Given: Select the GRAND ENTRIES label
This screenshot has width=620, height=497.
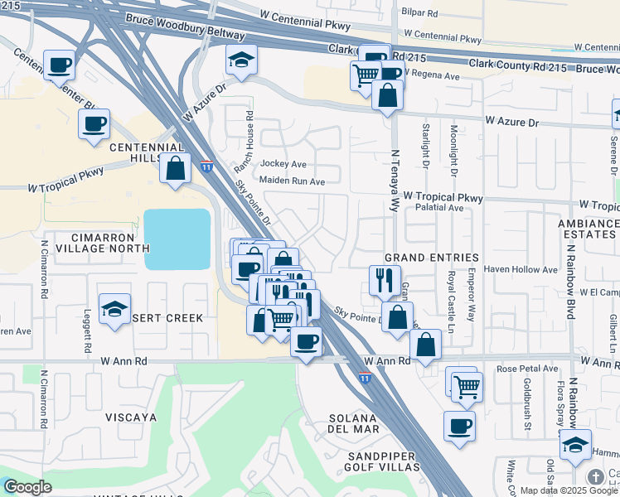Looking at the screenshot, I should click(x=431, y=258).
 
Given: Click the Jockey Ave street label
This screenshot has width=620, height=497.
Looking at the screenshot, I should click(x=283, y=164).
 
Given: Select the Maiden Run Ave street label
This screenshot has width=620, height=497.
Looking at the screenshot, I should click(x=292, y=181).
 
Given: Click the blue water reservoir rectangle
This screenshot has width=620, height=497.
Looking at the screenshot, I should click(x=177, y=239).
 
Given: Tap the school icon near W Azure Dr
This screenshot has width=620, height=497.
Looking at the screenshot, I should click(x=242, y=60).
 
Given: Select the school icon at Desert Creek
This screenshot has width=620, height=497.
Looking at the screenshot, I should click(x=114, y=310).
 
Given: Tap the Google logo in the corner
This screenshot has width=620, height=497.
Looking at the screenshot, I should click(x=27, y=486).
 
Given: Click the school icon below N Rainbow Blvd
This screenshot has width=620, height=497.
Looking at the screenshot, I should click(x=575, y=445).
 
